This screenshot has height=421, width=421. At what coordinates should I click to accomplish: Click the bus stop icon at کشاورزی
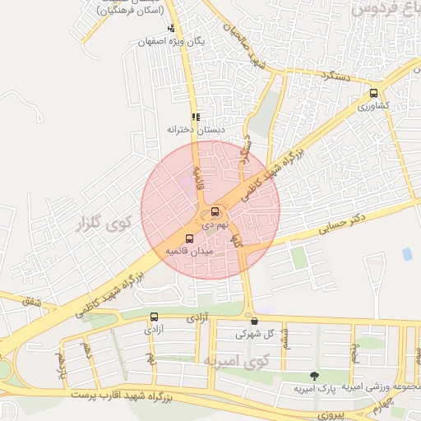click(374, 93)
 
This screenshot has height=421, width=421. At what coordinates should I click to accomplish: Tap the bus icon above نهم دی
click(215, 211)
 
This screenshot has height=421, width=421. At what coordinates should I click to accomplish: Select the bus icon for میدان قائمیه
click(190, 238)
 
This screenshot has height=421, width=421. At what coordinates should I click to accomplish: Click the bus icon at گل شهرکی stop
click(254, 322)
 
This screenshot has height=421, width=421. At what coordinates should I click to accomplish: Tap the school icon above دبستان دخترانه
click(195, 117)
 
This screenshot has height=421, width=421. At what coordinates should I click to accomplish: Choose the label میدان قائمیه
click(190, 251)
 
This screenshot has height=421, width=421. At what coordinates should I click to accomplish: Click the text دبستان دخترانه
click(196, 130)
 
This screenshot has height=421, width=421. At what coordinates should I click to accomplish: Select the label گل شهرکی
click(252, 335)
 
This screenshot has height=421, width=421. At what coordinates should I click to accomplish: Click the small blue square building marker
click(407, 255)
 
